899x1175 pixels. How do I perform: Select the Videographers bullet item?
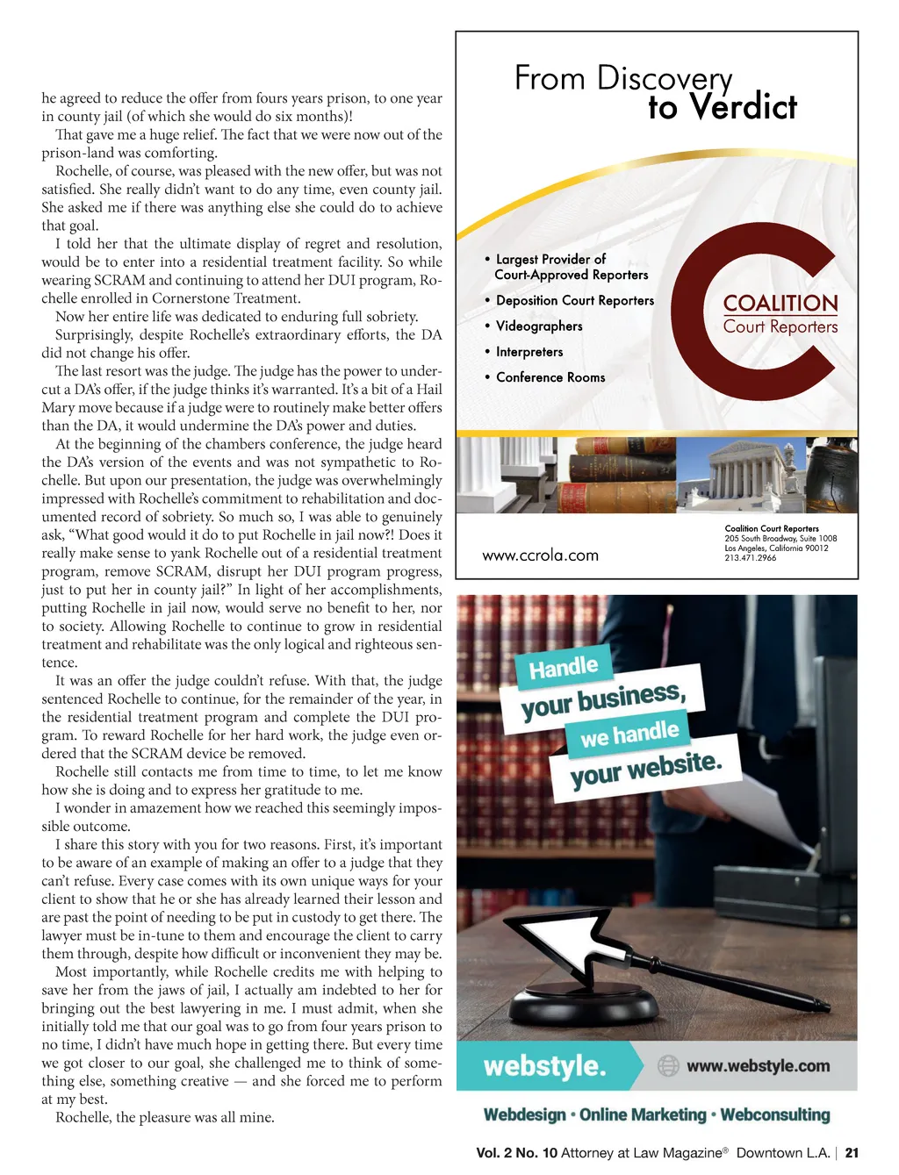tap(539, 326)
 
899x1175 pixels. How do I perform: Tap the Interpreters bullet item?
tap(529, 352)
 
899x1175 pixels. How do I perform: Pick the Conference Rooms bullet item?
tap(550, 377)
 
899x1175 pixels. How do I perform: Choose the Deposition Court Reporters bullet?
tap(575, 300)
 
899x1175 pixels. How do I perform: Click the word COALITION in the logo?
tap(780, 304)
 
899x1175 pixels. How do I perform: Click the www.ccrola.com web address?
tap(540, 555)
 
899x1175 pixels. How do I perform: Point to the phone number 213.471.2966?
tap(750, 558)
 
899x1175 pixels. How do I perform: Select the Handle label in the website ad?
tap(563, 668)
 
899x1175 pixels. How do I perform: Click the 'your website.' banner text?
tap(645, 770)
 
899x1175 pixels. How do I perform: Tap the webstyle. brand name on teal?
tap(544, 1066)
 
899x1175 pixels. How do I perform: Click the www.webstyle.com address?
tap(758, 1066)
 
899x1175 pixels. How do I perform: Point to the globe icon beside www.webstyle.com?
tap(669, 1066)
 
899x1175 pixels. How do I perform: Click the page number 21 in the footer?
tap(852, 1153)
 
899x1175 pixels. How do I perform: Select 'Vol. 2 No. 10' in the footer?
tap(516, 1153)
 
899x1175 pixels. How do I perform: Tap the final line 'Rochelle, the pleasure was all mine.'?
tap(165, 1118)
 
